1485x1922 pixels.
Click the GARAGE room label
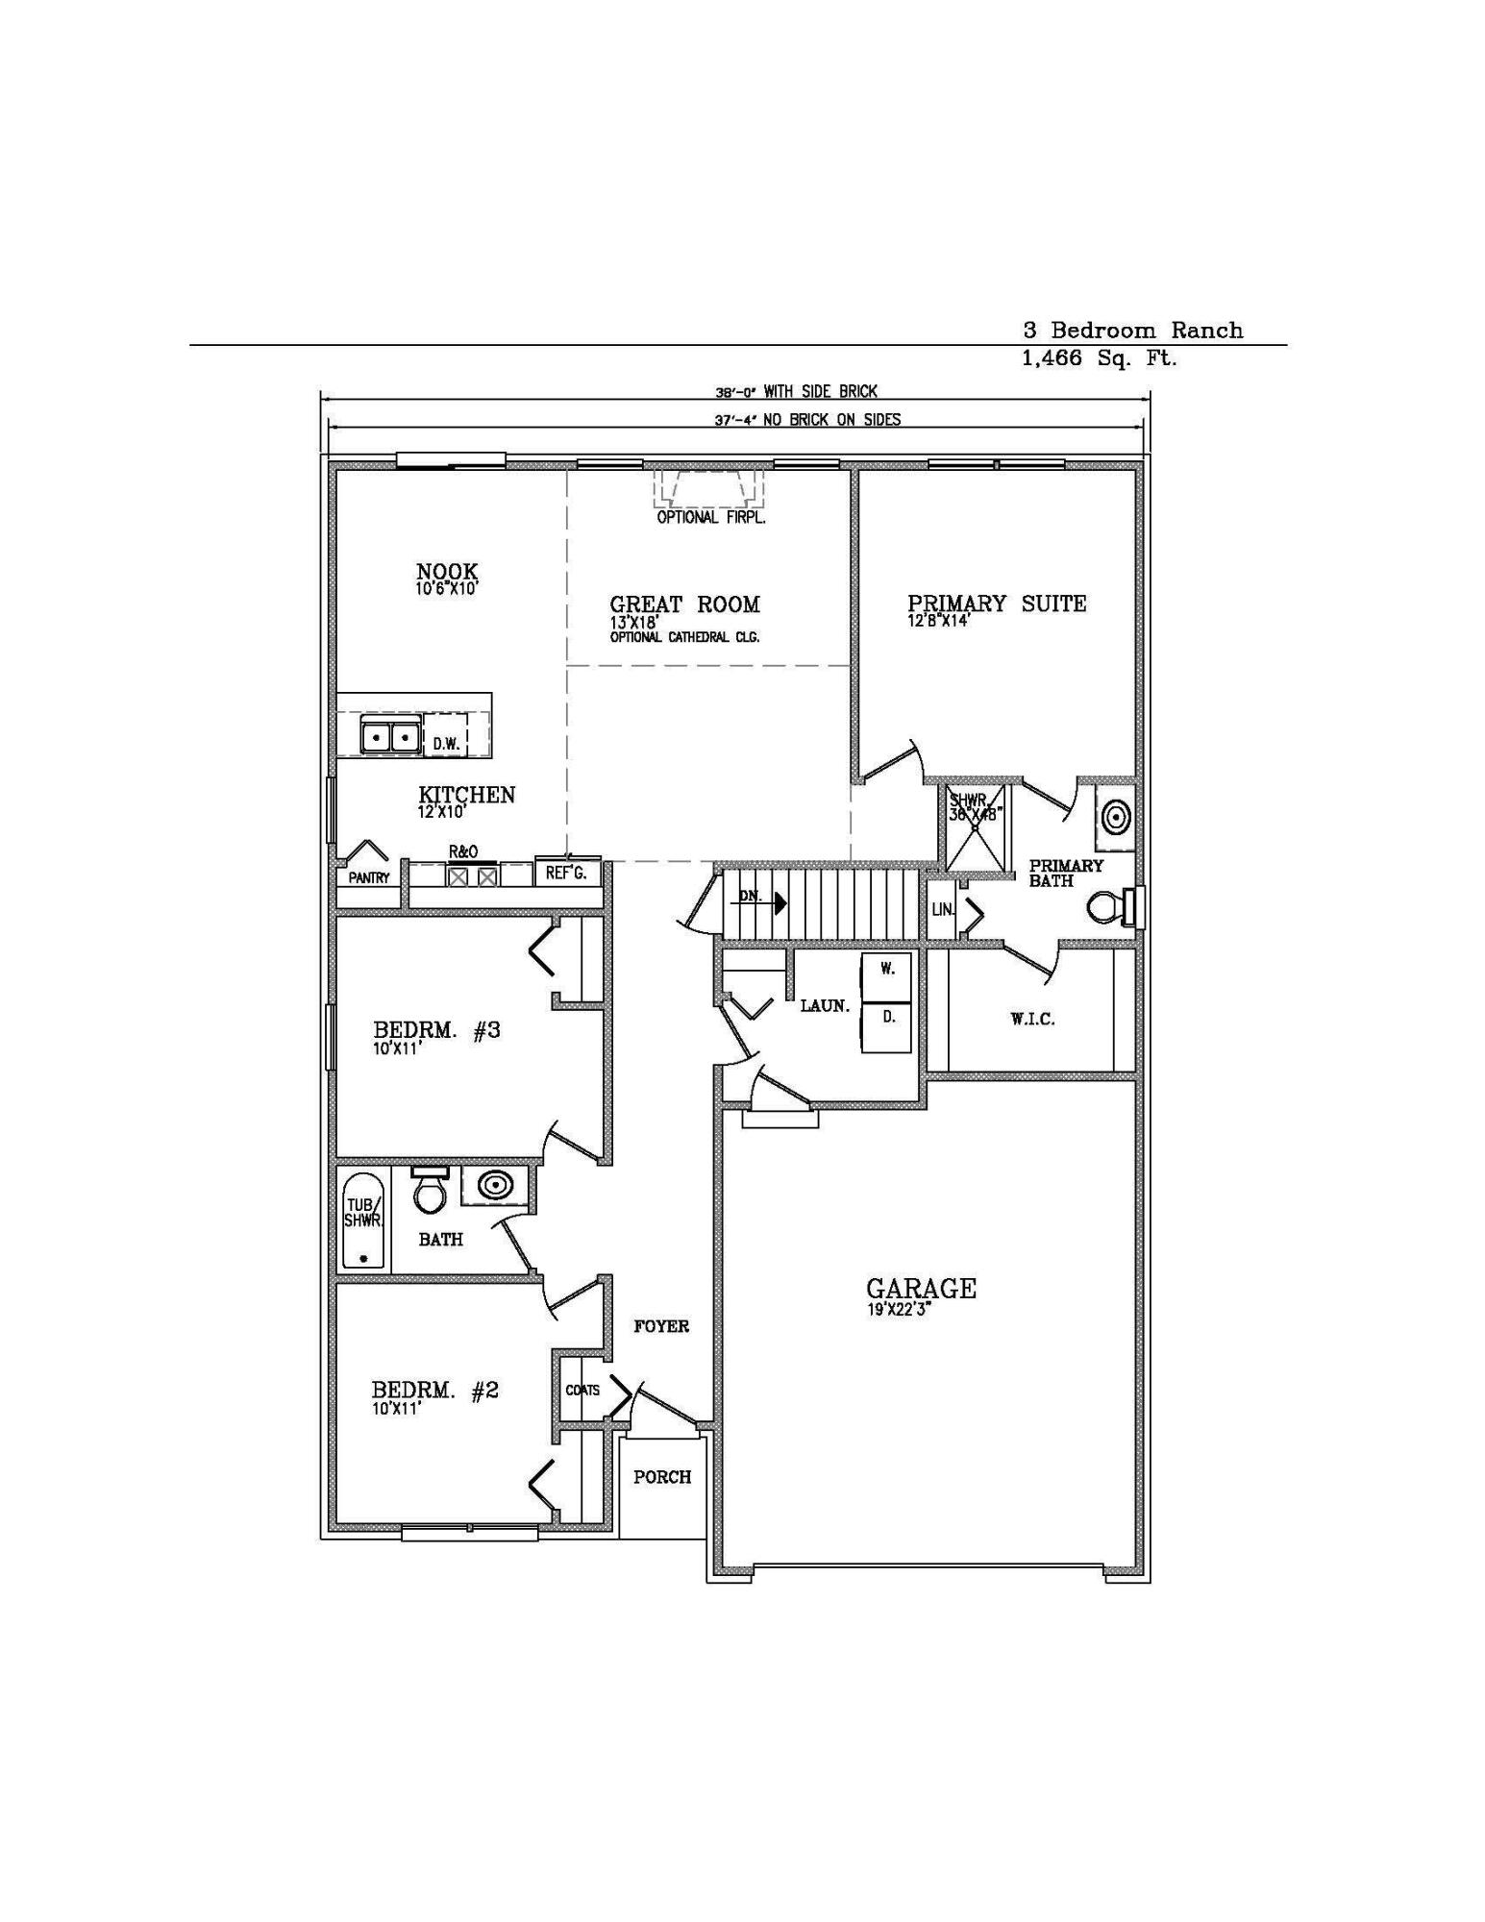coord(921,1288)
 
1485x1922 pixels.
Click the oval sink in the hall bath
coord(495,1185)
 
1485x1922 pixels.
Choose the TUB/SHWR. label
coord(363,1213)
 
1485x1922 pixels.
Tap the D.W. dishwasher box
coord(445,743)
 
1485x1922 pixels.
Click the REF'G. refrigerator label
coord(566,873)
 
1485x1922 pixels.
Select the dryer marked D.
coord(887,1018)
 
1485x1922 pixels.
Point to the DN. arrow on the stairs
coord(777,903)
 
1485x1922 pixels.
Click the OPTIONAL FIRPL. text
coord(711,518)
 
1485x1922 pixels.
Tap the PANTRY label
coord(369,877)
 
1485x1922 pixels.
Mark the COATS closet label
coord(582,1390)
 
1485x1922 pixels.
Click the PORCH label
coord(662,1477)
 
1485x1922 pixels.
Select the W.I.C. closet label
coord(1033,1020)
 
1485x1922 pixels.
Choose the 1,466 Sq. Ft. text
coord(1100,359)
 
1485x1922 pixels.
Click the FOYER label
coord(661,1326)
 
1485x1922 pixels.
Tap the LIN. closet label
coord(943,909)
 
